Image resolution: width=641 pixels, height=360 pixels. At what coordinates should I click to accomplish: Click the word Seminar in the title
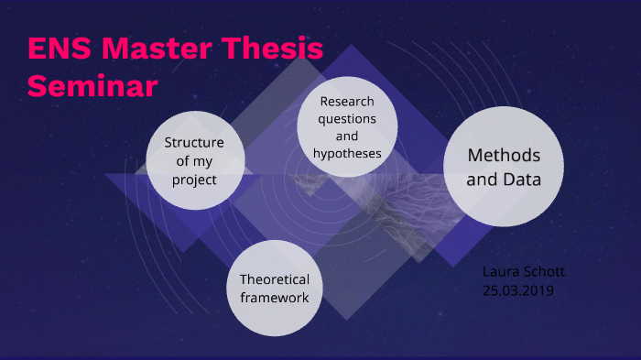[92, 85]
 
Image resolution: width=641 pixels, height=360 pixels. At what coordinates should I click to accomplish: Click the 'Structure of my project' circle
[194, 160]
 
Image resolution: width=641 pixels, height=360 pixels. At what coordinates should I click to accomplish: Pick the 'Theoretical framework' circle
[275, 288]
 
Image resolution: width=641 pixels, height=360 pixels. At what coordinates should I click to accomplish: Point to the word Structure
[194, 142]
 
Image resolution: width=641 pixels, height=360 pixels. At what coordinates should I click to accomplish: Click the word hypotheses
[347, 153]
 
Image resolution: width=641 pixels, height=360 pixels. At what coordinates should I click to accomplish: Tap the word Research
[347, 102]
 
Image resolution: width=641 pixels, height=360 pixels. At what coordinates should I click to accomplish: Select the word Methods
[504, 155]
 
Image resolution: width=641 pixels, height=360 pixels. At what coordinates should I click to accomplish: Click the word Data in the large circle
[519, 180]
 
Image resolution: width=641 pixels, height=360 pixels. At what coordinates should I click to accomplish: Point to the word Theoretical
[275, 279]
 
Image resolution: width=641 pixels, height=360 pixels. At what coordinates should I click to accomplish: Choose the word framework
[275, 298]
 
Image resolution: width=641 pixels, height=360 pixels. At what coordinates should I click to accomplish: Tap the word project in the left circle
[194, 180]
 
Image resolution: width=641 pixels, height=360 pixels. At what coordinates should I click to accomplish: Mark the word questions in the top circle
[347, 119]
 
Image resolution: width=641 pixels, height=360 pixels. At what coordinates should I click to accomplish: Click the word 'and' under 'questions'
[347, 136]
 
